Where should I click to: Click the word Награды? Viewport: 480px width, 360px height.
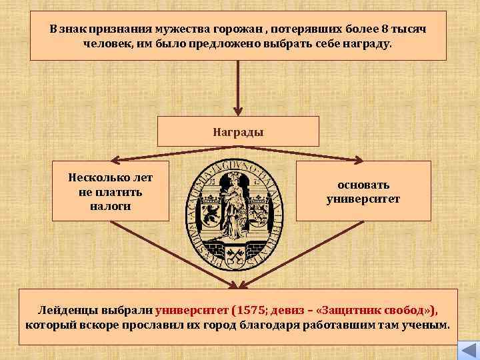coord(238,131)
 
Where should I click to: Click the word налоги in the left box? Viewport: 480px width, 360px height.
coord(110,206)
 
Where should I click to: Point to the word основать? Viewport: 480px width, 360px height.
coord(363,185)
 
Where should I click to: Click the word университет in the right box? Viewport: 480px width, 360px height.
coord(363,199)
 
